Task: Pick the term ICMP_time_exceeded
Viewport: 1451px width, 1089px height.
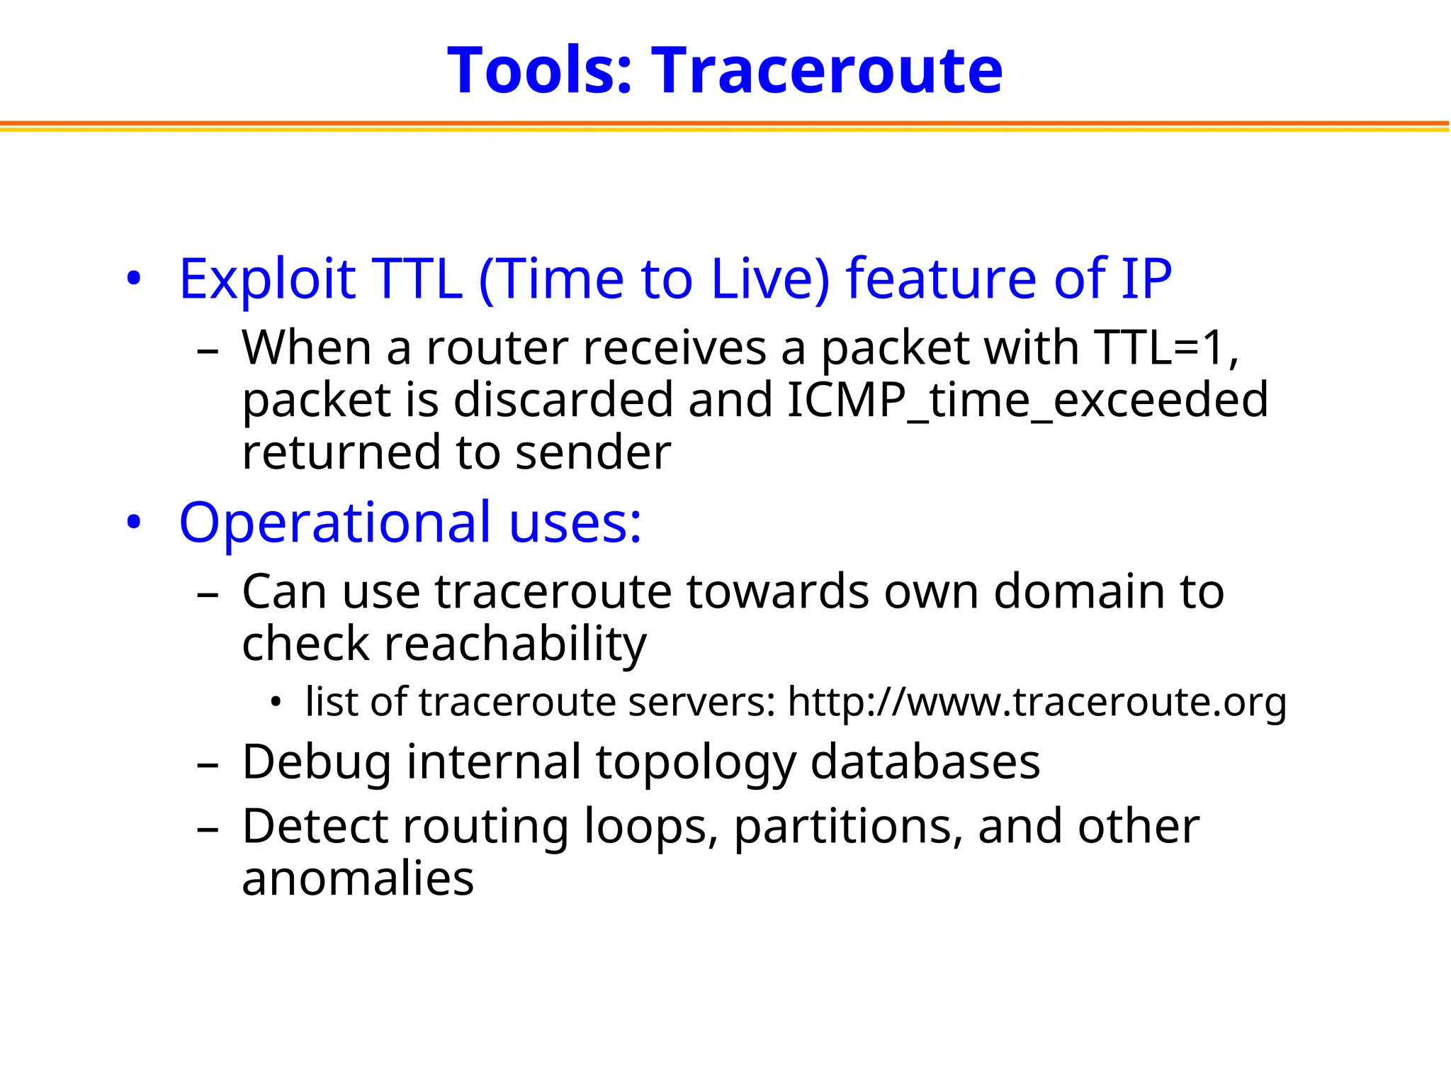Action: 1027,400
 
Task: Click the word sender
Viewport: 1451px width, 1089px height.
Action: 593,452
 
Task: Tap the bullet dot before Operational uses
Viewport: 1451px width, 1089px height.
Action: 134,523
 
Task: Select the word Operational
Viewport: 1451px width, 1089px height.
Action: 335,523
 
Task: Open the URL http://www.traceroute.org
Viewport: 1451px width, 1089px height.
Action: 1037,702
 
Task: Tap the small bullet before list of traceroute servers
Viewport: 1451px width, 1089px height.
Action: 276,703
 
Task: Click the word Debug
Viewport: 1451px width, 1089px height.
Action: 316,762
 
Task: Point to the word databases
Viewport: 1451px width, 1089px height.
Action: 925,762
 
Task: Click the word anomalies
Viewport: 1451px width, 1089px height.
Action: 358,878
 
